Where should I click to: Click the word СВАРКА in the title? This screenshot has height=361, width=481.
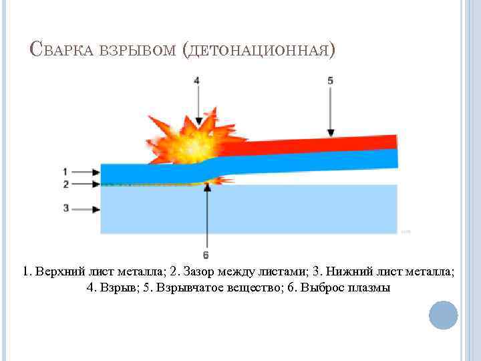click(63, 50)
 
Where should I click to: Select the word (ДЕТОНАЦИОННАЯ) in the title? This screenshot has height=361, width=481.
click(258, 51)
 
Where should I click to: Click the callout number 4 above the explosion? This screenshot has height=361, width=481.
click(196, 80)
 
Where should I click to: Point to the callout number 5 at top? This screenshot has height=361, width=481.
click(330, 80)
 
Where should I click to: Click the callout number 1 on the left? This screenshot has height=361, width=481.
click(65, 170)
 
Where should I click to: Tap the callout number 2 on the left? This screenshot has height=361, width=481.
click(65, 183)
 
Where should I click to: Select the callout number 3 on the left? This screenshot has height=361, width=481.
click(65, 209)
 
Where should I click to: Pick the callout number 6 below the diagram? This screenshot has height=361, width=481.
click(205, 255)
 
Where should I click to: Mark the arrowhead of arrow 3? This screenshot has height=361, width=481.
click(97, 209)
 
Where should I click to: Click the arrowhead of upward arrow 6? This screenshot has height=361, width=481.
click(208, 188)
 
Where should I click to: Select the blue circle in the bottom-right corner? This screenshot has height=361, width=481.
click(443, 314)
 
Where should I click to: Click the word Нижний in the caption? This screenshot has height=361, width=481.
click(343, 271)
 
